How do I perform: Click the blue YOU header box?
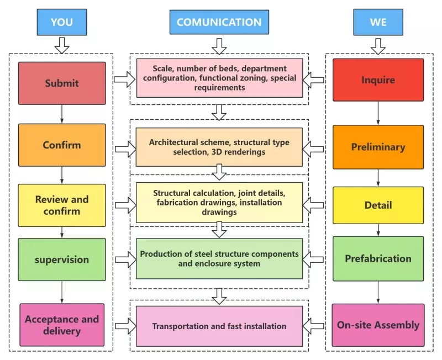click(x=62, y=22)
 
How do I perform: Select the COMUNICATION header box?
click(x=219, y=22)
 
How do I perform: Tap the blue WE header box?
click(x=378, y=22)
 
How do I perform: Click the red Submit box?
click(x=62, y=83)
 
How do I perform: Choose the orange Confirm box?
click(x=62, y=145)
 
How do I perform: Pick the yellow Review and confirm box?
click(x=62, y=205)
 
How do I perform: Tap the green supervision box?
click(x=62, y=260)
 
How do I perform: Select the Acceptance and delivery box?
click(x=62, y=325)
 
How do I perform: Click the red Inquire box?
click(x=378, y=80)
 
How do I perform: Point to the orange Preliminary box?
click(x=378, y=147)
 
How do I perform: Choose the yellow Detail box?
click(x=378, y=205)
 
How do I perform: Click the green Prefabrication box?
click(x=378, y=258)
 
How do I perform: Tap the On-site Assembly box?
click(x=378, y=325)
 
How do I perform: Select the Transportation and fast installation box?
click(x=219, y=326)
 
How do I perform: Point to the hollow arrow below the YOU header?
click(x=62, y=45)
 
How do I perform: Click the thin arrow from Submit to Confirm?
click(x=62, y=114)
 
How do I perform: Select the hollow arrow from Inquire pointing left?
click(x=313, y=80)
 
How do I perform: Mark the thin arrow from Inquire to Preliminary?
click(x=378, y=113)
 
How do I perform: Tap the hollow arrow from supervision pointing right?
click(x=126, y=260)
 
